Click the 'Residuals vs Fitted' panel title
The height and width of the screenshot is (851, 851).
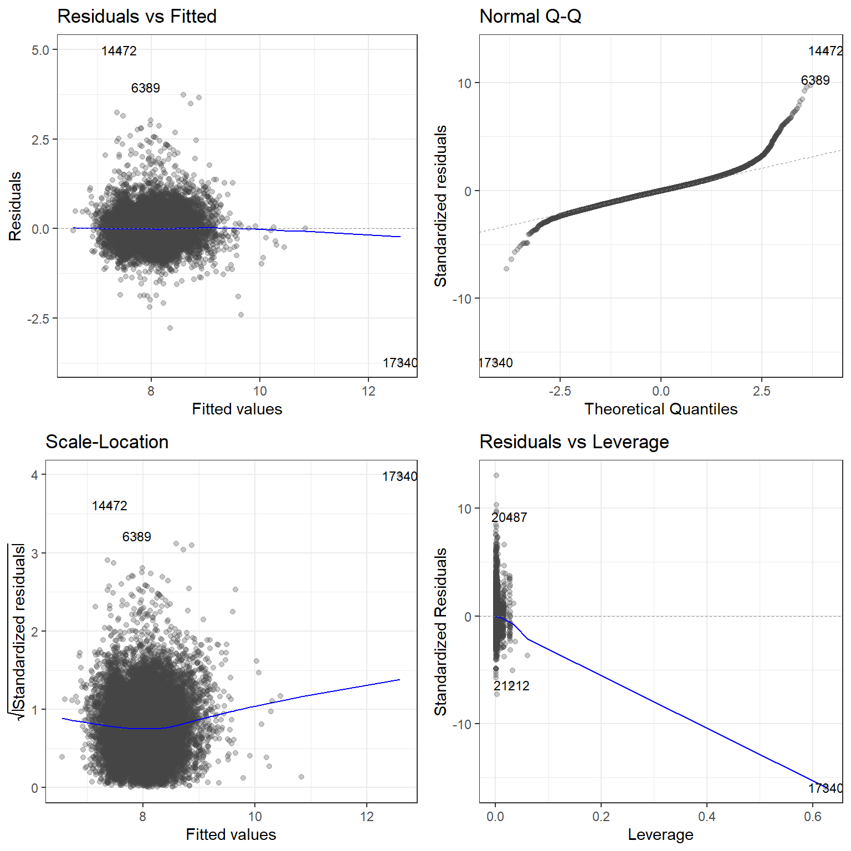(137, 17)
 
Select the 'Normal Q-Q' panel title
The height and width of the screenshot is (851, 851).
(530, 17)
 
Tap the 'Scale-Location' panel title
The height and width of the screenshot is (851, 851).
(107, 442)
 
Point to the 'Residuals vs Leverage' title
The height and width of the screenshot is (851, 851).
(574, 442)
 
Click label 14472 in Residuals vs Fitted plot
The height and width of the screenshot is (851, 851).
(119, 51)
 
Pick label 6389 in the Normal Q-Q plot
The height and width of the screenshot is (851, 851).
(815, 80)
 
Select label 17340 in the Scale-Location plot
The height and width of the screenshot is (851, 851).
(399, 476)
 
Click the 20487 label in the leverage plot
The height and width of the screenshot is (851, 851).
(509, 517)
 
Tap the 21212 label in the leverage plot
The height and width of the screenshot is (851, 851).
(511, 686)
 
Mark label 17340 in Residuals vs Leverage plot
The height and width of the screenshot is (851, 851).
(826, 788)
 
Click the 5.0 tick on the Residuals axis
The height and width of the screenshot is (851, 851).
(40, 50)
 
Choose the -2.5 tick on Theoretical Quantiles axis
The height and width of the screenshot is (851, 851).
(560, 391)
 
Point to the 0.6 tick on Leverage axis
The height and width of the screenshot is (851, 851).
(812, 817)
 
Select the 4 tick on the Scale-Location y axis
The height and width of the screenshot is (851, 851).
(35, 475)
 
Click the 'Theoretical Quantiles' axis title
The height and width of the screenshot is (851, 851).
(660, 409)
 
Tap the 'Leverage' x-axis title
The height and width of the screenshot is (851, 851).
(660, 834)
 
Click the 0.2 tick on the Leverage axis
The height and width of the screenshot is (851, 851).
(601, 817)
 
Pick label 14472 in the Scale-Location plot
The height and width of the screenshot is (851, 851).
(110, 506)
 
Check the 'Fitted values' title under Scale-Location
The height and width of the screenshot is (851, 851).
(231, 834)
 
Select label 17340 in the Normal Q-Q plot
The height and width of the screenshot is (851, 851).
(495, 363)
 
